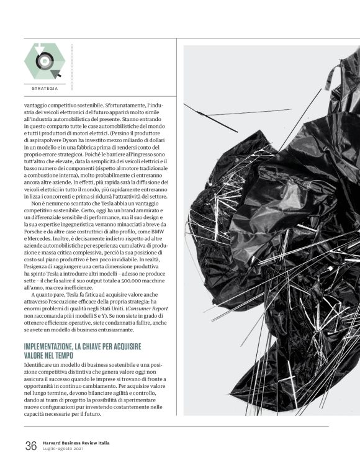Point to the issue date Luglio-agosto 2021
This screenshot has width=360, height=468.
tap(65, 449)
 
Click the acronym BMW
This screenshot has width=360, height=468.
tap(160, 238)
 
